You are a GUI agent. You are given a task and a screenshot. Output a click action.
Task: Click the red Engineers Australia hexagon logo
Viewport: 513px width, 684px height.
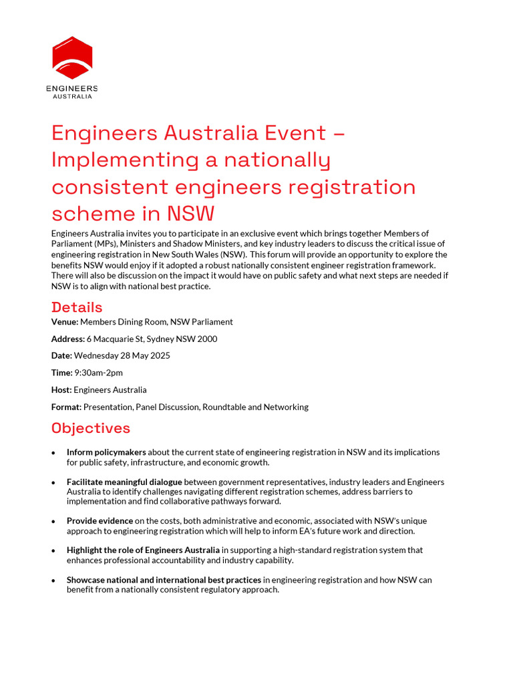coord(72,58)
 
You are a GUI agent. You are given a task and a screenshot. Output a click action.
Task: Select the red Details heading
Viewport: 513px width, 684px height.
coord(77,307)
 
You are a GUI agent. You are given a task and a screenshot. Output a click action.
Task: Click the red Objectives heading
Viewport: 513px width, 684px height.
coord(91,427)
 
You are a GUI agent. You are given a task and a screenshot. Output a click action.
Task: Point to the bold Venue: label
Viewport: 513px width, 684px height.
coord(64,322)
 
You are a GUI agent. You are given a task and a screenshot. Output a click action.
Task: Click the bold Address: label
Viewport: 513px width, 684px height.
coord(67,339)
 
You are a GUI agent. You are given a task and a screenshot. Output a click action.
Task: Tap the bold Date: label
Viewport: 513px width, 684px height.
coord(61,355)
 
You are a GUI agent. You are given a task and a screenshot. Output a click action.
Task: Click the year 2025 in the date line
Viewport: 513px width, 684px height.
coord(158,355)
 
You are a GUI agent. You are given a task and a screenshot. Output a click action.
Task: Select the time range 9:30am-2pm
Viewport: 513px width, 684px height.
coord(98,372)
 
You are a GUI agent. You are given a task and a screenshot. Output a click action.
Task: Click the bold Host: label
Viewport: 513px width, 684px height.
coord(61,389)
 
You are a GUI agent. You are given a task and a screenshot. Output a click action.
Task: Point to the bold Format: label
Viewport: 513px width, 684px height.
coord(66,407)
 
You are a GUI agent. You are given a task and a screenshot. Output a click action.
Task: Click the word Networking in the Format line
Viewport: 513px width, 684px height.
coord(286,407)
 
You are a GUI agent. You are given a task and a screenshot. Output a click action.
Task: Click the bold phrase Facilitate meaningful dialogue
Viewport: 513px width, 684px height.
coord(124,482)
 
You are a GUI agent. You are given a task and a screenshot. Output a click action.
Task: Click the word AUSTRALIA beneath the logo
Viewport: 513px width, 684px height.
coord(72,97)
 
